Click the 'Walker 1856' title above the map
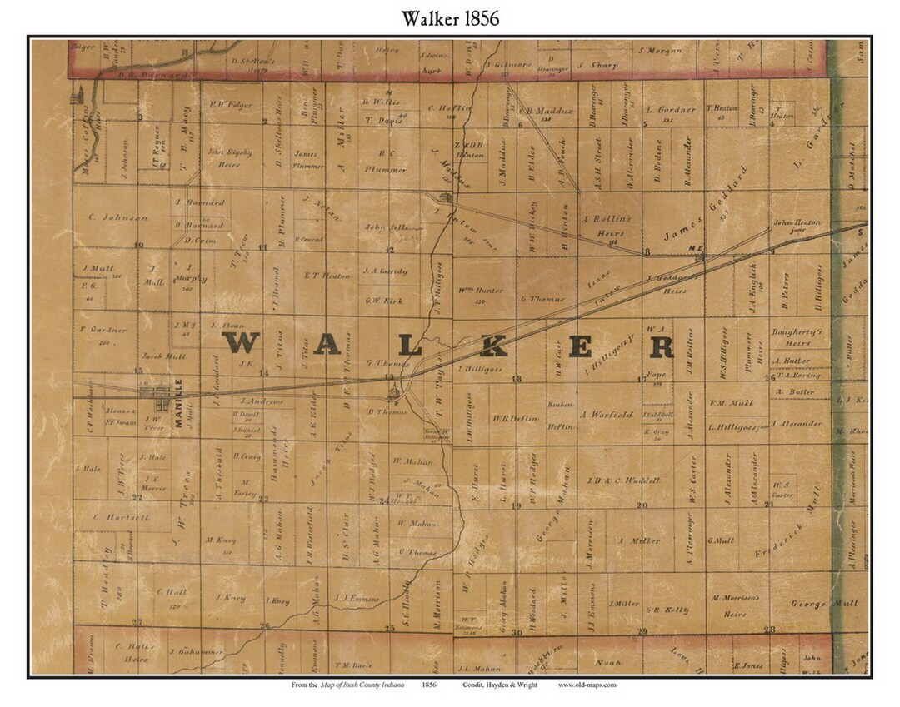tap(450, 17)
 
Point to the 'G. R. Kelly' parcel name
tap(667, 610)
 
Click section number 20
tap(642, 505)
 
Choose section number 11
tap(262, 247)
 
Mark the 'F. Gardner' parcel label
tap(103, 330)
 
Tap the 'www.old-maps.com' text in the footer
tap(587, 685)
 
